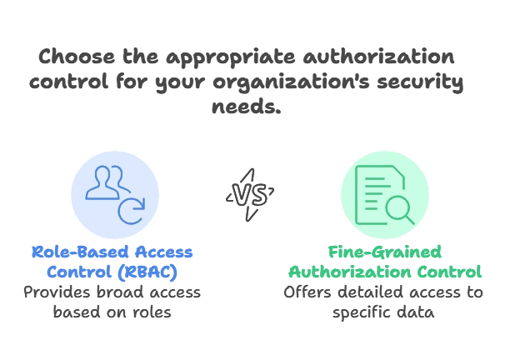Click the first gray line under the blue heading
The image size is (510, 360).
pos(114,292)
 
